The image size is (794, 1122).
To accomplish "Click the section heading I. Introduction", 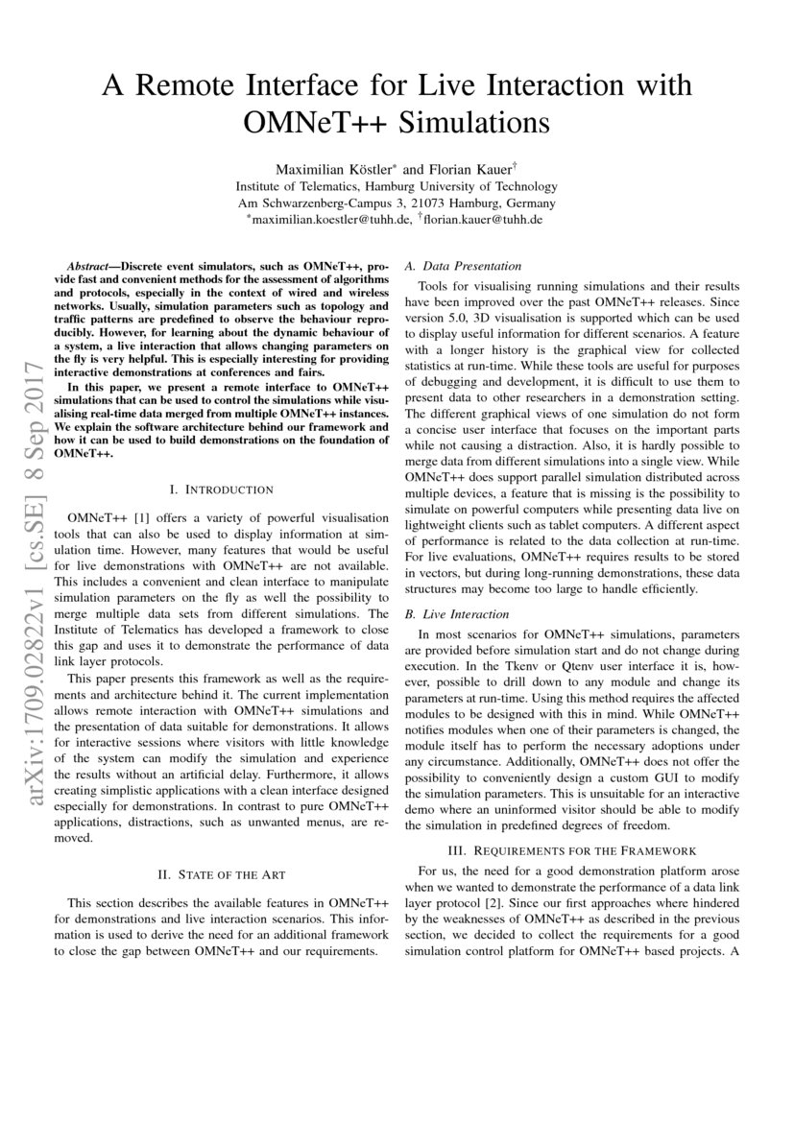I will pyautogui.click(x=221, y=489).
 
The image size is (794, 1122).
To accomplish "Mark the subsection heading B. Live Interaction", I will pyautogui.click(x=457, y=614).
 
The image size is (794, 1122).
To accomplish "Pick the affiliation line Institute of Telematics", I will pyautogui.click(x=396, y=186).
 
